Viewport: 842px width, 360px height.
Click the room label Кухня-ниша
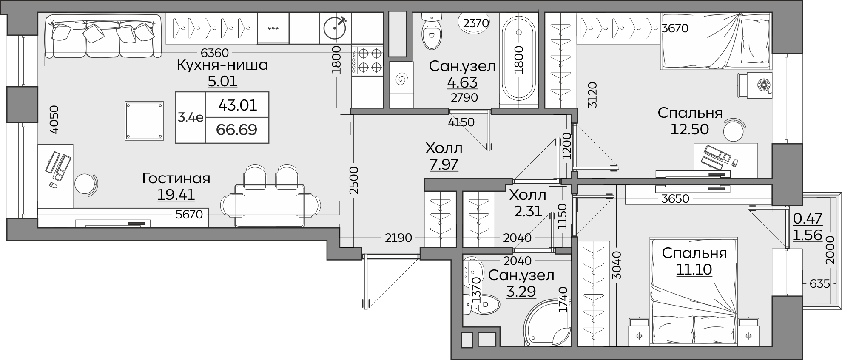point(222,65)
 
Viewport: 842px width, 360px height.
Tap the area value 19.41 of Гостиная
point(176,195)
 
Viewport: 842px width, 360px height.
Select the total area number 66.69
point(236,129)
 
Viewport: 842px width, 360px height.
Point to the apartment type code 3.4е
point(190,117)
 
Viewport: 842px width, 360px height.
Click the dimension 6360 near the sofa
point(215,53)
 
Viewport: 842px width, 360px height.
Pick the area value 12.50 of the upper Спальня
point(690,129)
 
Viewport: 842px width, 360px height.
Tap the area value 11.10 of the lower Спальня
point(694,269)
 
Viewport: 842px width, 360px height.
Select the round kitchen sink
point(335,28)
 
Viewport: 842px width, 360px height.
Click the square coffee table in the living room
point(145,121)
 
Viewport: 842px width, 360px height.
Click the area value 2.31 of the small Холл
point(528,211)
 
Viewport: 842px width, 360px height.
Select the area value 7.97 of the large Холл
point(444,164)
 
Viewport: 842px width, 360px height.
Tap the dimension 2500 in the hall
point(354,181)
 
